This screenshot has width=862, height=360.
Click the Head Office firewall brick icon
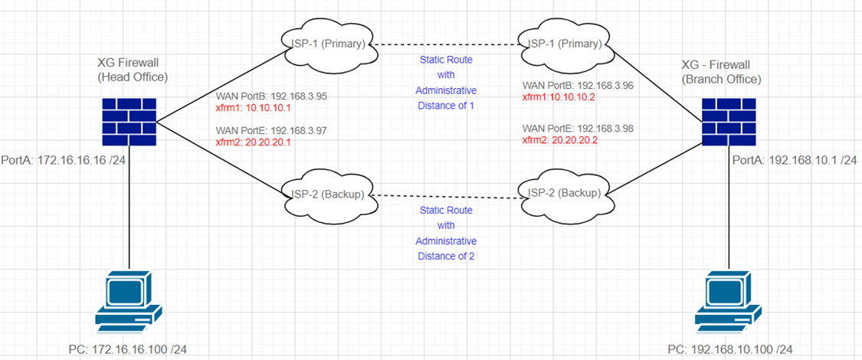(129, 121)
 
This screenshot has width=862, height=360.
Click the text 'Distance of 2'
(446, 256)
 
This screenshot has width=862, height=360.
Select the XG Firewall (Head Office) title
(133, 69)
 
